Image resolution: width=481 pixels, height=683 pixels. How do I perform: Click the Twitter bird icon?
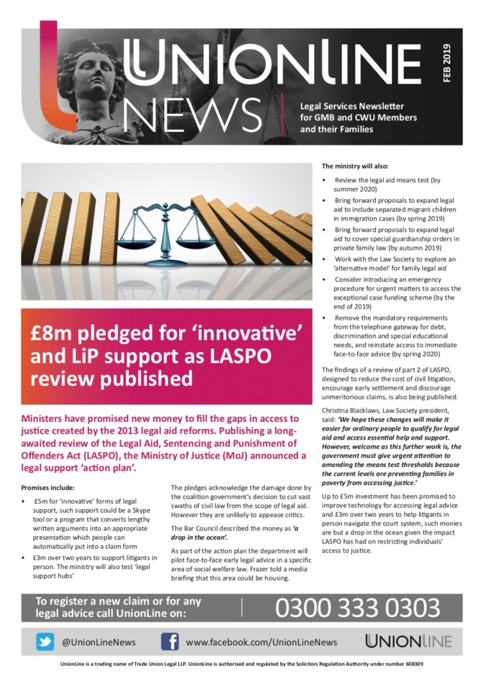[45, 642]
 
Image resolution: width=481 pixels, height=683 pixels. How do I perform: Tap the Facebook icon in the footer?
[170, 642]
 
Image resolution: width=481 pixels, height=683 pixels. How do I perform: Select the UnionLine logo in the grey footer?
[408, 642]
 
